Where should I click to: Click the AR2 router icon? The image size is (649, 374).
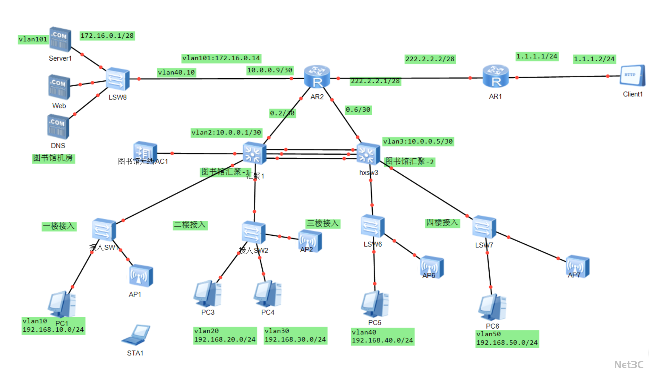click(x=317, y=77)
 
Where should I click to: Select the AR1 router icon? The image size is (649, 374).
click(x=495, y=76)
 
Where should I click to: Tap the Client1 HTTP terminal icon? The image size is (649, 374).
click(x=632, y=76)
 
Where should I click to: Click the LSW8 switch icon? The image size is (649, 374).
click(x=118, y=79)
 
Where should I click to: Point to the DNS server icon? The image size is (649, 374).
click(x=58, y=127)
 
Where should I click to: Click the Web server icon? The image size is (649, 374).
click(x=59, y=87)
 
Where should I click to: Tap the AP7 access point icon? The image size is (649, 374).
click(x=577, y=266)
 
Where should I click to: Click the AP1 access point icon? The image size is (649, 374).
click(x=141, y=276)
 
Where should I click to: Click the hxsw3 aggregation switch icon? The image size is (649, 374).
click(x=368, y=154)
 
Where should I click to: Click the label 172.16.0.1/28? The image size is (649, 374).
click(x=107, y=36)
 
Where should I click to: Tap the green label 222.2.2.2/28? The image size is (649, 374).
click(x=430, y=59)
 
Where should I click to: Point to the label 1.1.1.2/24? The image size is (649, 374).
click(x=594, y=59)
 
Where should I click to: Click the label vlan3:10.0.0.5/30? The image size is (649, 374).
click(x=418, y=141)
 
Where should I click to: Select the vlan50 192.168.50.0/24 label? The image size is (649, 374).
click(x=507, y=339)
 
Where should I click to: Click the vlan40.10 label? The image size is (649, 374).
click(x=176, y=72)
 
